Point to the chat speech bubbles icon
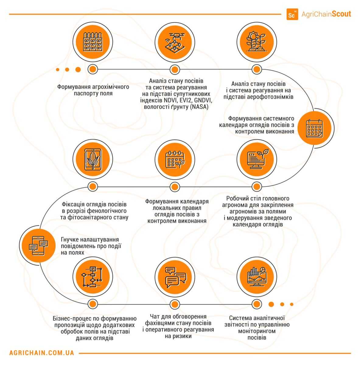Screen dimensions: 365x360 [174, 277]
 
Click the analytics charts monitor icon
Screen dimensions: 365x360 [256, 277]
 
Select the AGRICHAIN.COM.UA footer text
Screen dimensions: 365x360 [42, 353]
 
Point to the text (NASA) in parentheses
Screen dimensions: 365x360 [199, 107]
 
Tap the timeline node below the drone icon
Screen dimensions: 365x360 [174, 69]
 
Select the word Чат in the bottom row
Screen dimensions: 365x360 [156, 317]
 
